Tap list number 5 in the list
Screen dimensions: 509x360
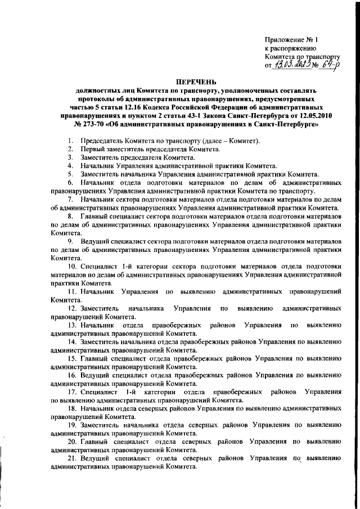pyautogui.click(x=69, y=174)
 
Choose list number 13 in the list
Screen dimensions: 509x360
pyautogui.click(x=72, y=325)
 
